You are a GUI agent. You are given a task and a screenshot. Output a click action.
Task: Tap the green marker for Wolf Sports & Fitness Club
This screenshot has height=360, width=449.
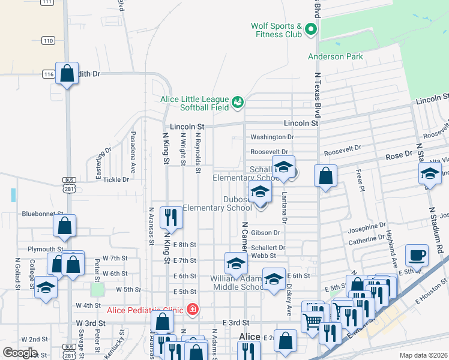(x=310, y=29)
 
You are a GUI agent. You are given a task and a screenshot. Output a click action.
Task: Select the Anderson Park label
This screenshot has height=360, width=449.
(x=336, y=57)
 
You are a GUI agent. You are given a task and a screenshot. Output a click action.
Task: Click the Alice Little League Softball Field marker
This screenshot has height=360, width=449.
(x=238, y=103)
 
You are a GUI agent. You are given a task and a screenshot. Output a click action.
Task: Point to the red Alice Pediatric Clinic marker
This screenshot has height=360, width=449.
(x=192, y=310)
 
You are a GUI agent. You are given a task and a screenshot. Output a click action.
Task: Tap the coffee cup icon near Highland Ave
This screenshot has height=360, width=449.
(x=417, y=256)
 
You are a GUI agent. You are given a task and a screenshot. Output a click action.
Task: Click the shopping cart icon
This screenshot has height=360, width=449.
(x=313, y=322)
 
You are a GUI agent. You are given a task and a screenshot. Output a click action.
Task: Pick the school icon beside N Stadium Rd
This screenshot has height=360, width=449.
(x=430, y=175)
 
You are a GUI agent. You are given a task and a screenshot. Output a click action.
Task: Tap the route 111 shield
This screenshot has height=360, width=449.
(x=46, y=2)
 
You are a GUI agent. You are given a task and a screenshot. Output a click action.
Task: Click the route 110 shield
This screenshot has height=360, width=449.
(x=48, y=41)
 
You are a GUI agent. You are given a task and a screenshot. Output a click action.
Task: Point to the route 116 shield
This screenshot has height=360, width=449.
(x=48, y=74)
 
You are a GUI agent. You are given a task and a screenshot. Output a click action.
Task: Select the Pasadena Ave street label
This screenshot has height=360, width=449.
(x=133, y=153)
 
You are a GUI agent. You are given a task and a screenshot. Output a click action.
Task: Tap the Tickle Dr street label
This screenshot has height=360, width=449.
(x=116, y=179)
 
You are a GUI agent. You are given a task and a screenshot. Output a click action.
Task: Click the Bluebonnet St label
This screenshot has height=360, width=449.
(x=43, y=214)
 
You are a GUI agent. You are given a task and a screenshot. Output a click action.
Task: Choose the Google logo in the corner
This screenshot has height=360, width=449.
(x=20, y=353)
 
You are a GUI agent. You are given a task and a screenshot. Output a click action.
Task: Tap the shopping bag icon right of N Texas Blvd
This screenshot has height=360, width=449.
(x=325, y=176)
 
